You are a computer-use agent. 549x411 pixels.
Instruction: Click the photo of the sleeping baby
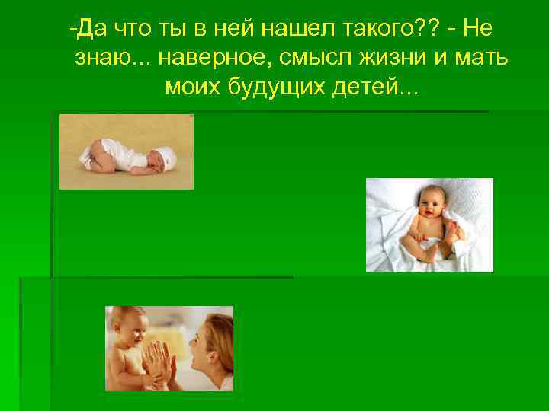click(127, 151)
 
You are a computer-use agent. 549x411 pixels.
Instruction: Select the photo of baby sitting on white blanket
click(429, 225)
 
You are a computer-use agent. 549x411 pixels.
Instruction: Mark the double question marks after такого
click(422, 30)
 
